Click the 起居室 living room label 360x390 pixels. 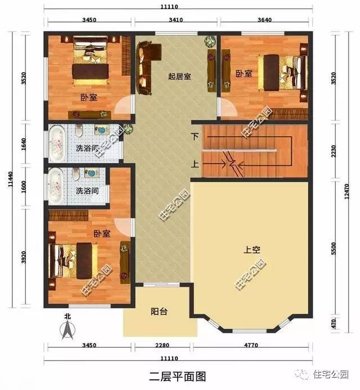coord(179,77)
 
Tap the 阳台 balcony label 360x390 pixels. coord(159,311)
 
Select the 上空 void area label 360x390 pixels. coord(252,249)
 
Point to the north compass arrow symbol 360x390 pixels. coord(67,330)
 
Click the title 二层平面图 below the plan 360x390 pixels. coord(178,376)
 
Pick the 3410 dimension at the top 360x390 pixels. coord(175,20)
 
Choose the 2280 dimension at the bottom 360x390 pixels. coord(162,345)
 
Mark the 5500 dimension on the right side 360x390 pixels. coord(334,249)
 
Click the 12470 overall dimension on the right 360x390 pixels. coord(347,191)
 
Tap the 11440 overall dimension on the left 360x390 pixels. coord(10,179)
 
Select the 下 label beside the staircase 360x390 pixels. coord(195,136)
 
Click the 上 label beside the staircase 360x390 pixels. coord(195,164)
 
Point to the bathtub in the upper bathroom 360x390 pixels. coord(57,144)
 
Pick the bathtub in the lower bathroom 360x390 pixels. coord(56,186)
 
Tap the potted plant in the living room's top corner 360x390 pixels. coord(210,42)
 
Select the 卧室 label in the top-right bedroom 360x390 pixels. coord(244,74)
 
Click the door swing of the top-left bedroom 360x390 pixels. coord(122,105)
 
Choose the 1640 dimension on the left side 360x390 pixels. coord(24,144)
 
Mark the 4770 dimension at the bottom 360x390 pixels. coord(251,345)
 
